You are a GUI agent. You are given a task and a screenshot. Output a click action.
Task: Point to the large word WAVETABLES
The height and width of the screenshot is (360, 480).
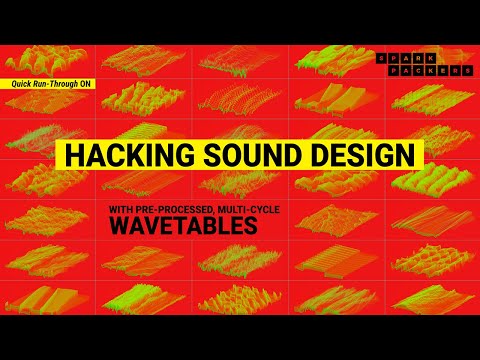click(183, 226)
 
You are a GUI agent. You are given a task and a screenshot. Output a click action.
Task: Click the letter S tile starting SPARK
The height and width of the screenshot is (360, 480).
click(381, 58)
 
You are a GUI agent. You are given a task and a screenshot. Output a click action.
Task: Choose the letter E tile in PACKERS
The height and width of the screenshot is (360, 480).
click(441, 72)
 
